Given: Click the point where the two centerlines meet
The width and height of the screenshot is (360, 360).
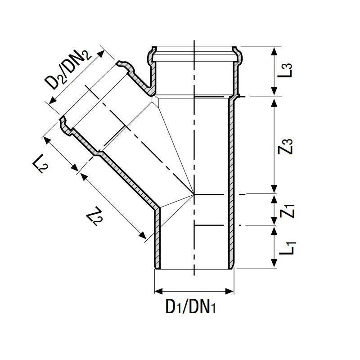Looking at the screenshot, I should pyautogui.click(x=194, y=194).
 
